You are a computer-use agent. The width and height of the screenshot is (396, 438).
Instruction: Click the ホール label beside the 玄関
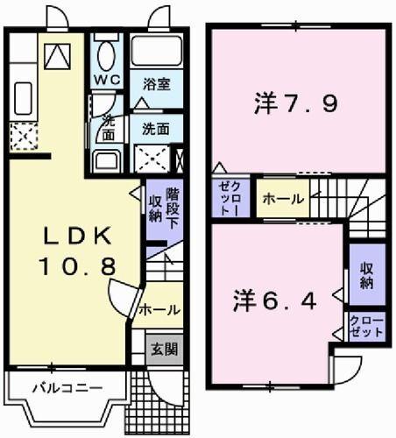coord(159,309)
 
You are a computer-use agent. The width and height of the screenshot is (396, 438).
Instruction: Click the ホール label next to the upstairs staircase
coord(282,198)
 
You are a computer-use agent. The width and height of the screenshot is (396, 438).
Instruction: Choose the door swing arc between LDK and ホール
coord(123,296)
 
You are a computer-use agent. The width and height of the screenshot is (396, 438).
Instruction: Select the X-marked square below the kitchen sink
coord(21,137)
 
